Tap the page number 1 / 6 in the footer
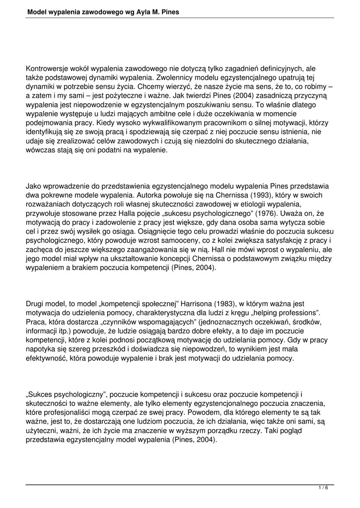323,488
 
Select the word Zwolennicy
176,78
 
